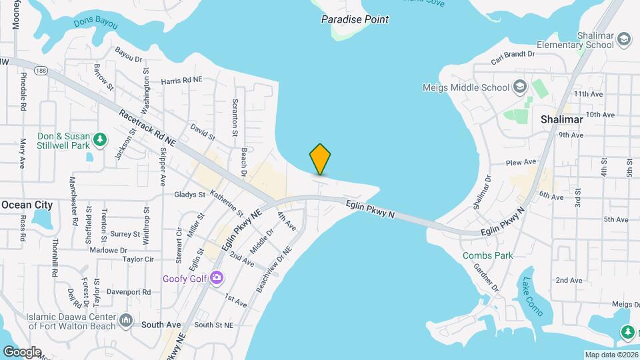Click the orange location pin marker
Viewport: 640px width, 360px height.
(x=320, y=159)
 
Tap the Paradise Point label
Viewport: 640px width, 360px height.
(x=355, y=19)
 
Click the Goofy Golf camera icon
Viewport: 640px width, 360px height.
(x=216, y=278)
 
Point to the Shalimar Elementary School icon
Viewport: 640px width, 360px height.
(x=624, y=39)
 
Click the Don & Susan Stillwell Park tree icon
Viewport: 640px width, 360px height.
(x=99, y=139)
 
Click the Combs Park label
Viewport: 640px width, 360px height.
(x=489, y=255)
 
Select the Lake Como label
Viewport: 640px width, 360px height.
(x=532, y=297)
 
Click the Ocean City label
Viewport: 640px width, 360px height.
(x=27, y=205)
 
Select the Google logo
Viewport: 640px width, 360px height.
(x=22, y=351)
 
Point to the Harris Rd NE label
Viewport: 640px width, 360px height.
(x=181, y=81)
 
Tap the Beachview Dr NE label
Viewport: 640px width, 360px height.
(x=274, y=271)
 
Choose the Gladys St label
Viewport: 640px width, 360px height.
(x=190, y=195)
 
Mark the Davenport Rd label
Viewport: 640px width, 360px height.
(x=129, y=292)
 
